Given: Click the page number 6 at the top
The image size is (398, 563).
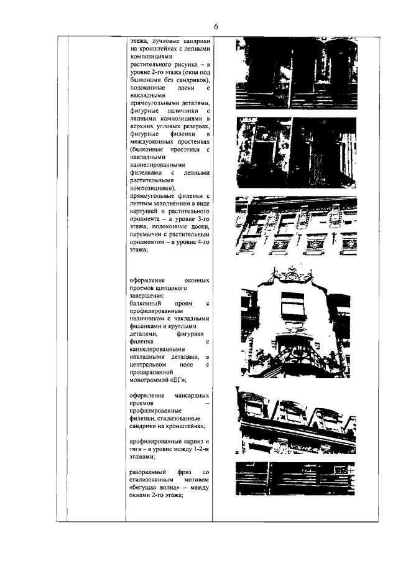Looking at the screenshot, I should point(215,27).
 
